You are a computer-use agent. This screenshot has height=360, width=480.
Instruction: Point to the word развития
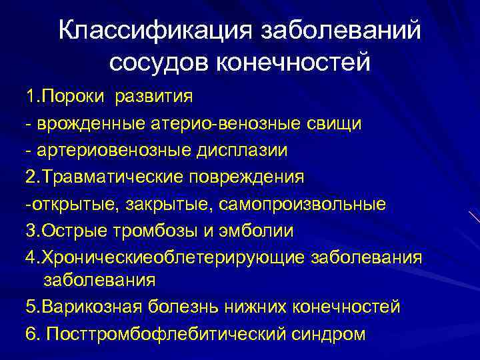[x=153, y=97]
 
